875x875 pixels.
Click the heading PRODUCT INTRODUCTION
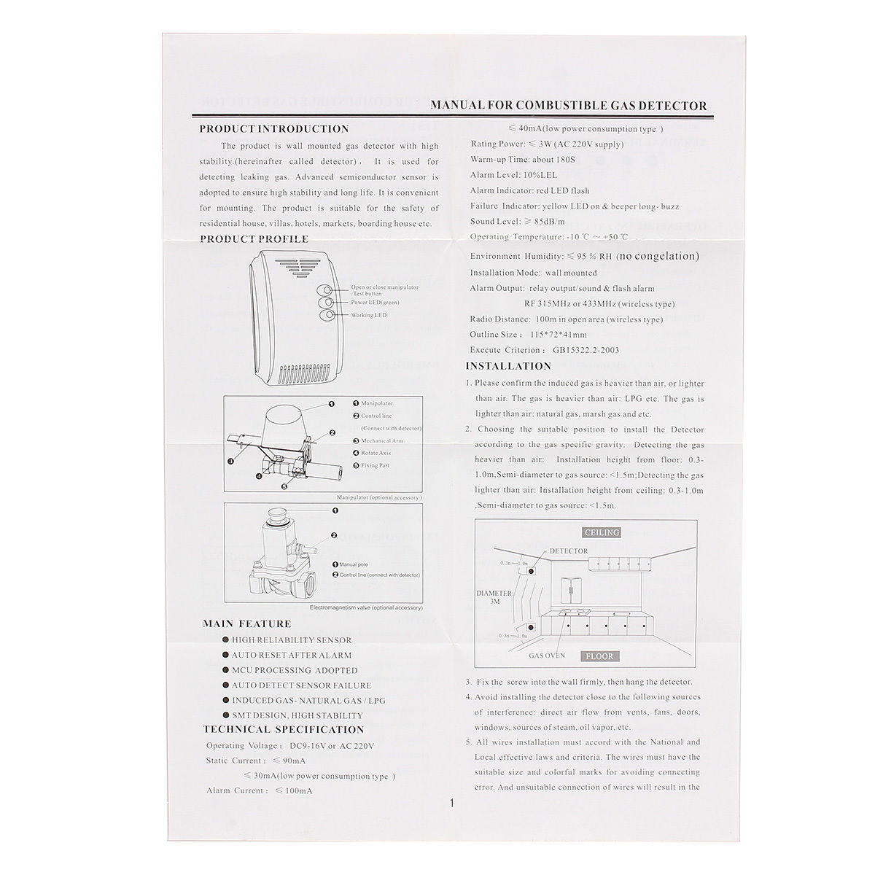274,129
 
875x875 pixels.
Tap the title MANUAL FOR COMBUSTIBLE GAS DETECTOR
569,106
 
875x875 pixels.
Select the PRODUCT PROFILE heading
254,238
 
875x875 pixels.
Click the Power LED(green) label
375,302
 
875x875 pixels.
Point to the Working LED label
368,315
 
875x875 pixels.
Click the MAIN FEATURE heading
246,623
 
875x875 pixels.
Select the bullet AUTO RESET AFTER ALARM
291,655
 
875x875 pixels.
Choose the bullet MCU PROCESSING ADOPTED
295,670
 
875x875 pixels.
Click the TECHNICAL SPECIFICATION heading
283,729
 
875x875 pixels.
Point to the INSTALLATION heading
508,366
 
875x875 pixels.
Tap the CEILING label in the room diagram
602,532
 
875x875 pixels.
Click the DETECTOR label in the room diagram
568,551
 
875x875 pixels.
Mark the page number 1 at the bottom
452,804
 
